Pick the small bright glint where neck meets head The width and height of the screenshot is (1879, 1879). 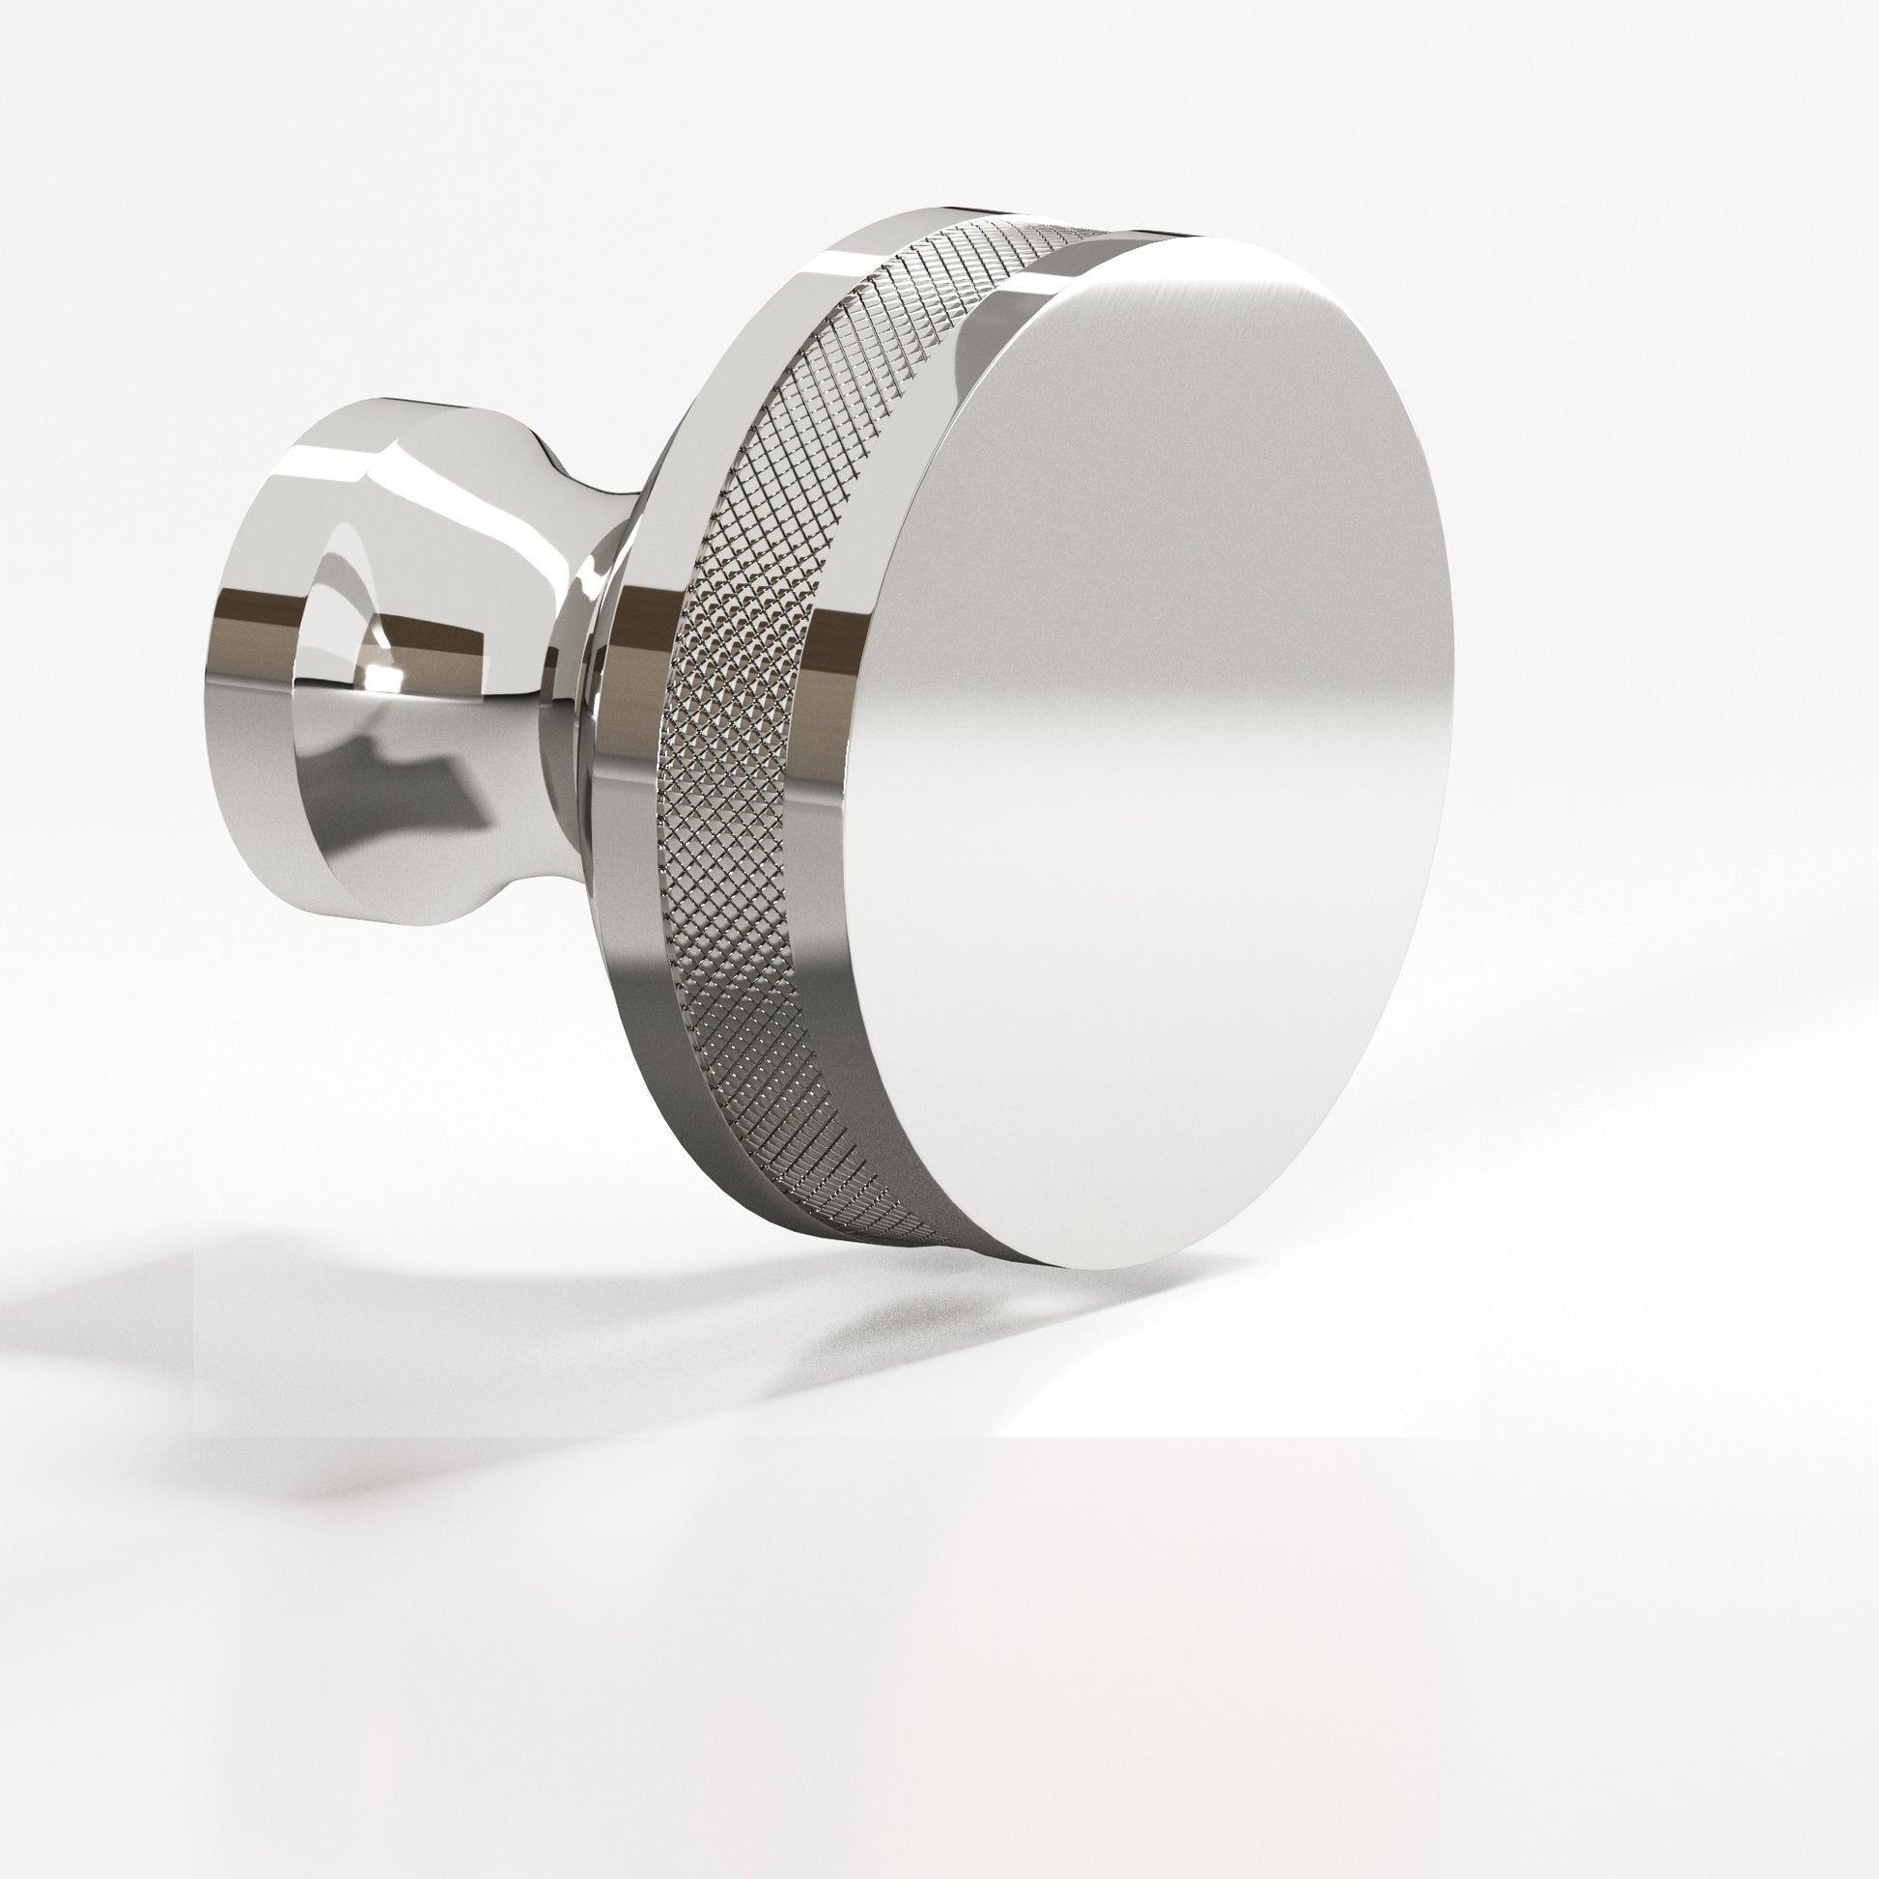click(589, 583)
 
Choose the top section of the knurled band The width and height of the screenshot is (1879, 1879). click(972, 253)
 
